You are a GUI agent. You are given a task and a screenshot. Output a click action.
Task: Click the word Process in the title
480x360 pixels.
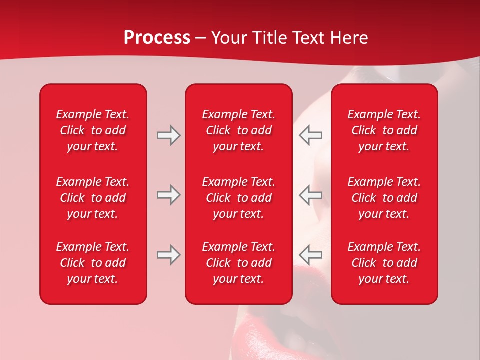pos(157,38)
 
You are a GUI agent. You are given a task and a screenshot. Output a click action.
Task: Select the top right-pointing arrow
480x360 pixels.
pos(168,135)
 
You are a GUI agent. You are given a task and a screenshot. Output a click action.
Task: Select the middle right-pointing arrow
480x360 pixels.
pos(168,195)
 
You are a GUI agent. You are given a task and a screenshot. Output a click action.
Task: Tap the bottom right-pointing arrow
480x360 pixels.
pos(168,255)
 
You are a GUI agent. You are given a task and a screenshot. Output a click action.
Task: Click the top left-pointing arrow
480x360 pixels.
pos(311,135)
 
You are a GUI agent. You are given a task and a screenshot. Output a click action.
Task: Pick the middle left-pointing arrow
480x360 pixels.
pos(311,195)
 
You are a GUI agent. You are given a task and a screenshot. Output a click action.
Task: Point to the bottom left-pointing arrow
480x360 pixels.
pos(311,255)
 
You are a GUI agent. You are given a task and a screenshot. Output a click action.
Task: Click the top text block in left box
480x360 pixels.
pos(93,130)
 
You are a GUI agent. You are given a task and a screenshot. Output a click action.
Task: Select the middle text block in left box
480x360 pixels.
pos(93,198)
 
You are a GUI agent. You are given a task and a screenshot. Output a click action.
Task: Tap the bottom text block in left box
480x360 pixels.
pos(93,263)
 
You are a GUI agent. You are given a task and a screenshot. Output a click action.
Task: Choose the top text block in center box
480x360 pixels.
pos(238,130)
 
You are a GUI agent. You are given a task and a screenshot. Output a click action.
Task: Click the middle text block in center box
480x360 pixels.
pos(238,198)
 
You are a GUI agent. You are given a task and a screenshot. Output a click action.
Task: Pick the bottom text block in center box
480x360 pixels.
pos(238,263)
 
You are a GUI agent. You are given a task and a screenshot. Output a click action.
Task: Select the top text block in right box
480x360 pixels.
pos(384,130)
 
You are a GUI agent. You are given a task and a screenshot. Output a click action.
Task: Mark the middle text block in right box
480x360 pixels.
pos(384,198)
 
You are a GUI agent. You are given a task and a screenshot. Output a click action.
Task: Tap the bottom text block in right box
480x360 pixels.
pos(384,263)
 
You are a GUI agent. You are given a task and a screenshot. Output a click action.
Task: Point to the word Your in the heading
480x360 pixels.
pos(230,38)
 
